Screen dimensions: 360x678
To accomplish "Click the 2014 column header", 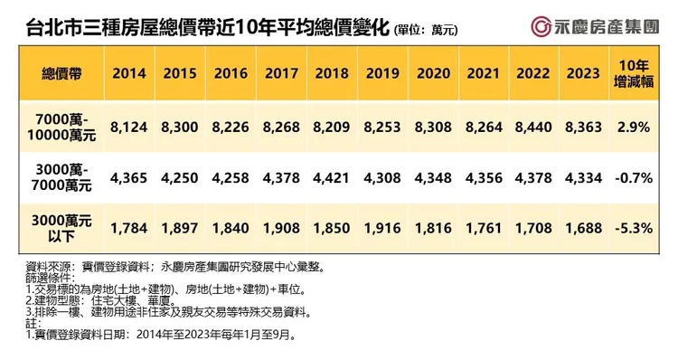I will point(129,74).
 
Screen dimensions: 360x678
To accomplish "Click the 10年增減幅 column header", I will point(635,74).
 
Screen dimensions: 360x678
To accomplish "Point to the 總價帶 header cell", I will point(57,74).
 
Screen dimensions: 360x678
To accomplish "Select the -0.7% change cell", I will point(635,178).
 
